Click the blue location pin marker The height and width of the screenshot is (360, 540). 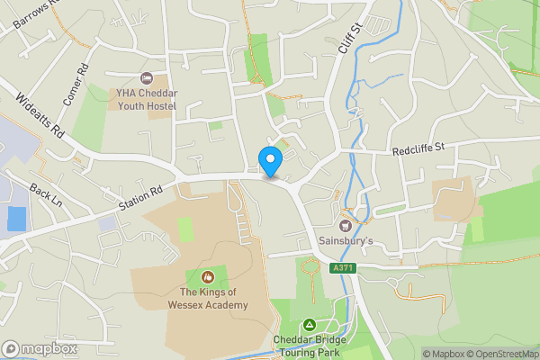click(x=270, y=160)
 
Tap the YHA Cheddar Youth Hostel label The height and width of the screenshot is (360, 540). click(x=145, y=99)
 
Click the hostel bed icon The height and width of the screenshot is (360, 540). click(x=147, y=78)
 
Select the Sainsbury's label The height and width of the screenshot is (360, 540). click(x=345, y=241)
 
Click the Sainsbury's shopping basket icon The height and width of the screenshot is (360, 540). click(x=346, y=224)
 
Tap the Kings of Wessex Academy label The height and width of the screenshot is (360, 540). click(x=208, y=297)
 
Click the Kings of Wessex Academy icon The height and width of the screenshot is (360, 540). click(x=208, y=276)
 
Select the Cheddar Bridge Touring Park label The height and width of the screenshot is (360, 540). click(x=309, y=346)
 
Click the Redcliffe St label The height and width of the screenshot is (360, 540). click(x=419, y=148)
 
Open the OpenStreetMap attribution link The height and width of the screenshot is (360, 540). click(x=499, y=354)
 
